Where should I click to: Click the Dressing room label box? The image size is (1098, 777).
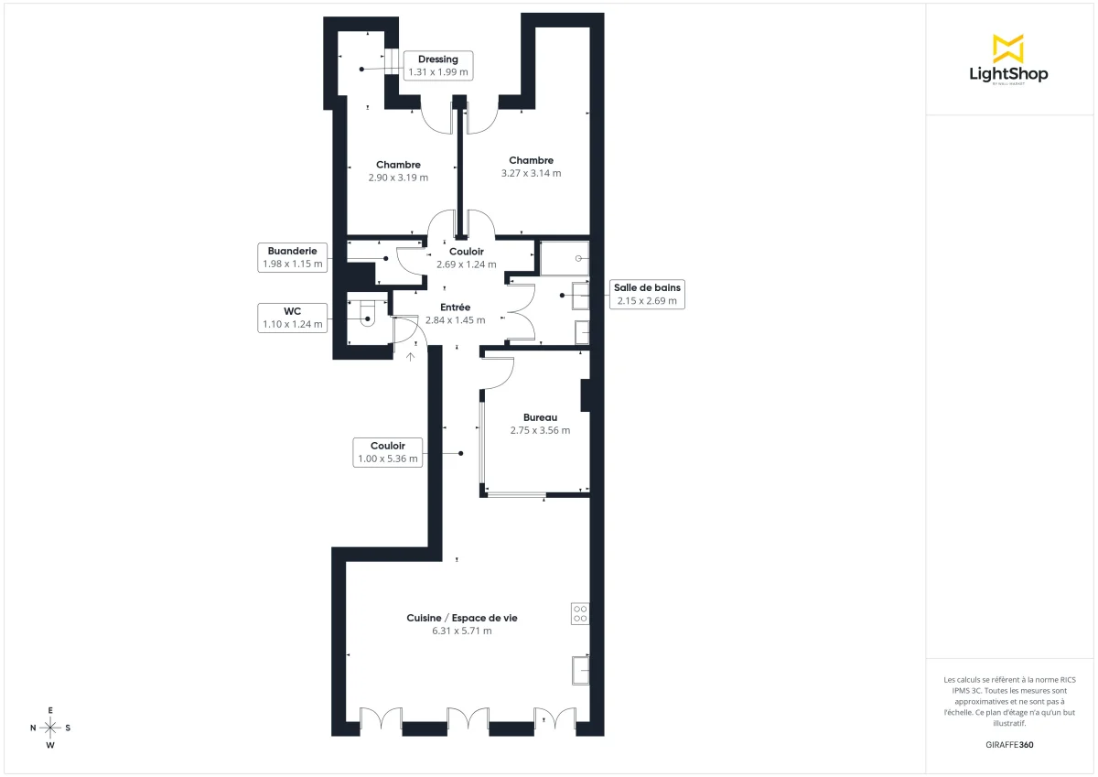tap(437, 65)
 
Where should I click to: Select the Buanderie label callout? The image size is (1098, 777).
tap(293, 257)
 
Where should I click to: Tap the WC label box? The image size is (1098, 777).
tap(293, 317)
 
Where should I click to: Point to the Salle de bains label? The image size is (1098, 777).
tap(647, 294)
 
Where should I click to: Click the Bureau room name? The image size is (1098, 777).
tap(540, 417)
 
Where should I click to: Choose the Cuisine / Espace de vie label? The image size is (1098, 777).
tap(462, 619)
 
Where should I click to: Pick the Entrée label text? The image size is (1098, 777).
tap(455, 308)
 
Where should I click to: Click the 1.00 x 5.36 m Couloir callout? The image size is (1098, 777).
tap(388, 452)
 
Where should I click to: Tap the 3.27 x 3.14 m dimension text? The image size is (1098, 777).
tap(531, 173)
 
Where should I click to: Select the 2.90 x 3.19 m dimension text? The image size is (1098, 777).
tap(398, 178)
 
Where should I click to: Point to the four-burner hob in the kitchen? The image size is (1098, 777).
tap(580, 613)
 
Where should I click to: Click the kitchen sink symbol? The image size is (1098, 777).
tap(580, 670)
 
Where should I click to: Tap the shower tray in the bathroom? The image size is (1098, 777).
tap(564, 258)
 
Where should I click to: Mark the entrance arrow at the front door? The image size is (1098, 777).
tap(411, 356)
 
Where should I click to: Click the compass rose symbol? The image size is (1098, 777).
tap(50, 728)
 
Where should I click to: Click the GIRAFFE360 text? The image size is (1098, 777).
tap(1008, 744)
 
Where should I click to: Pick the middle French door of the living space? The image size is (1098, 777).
tap(468, 719)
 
